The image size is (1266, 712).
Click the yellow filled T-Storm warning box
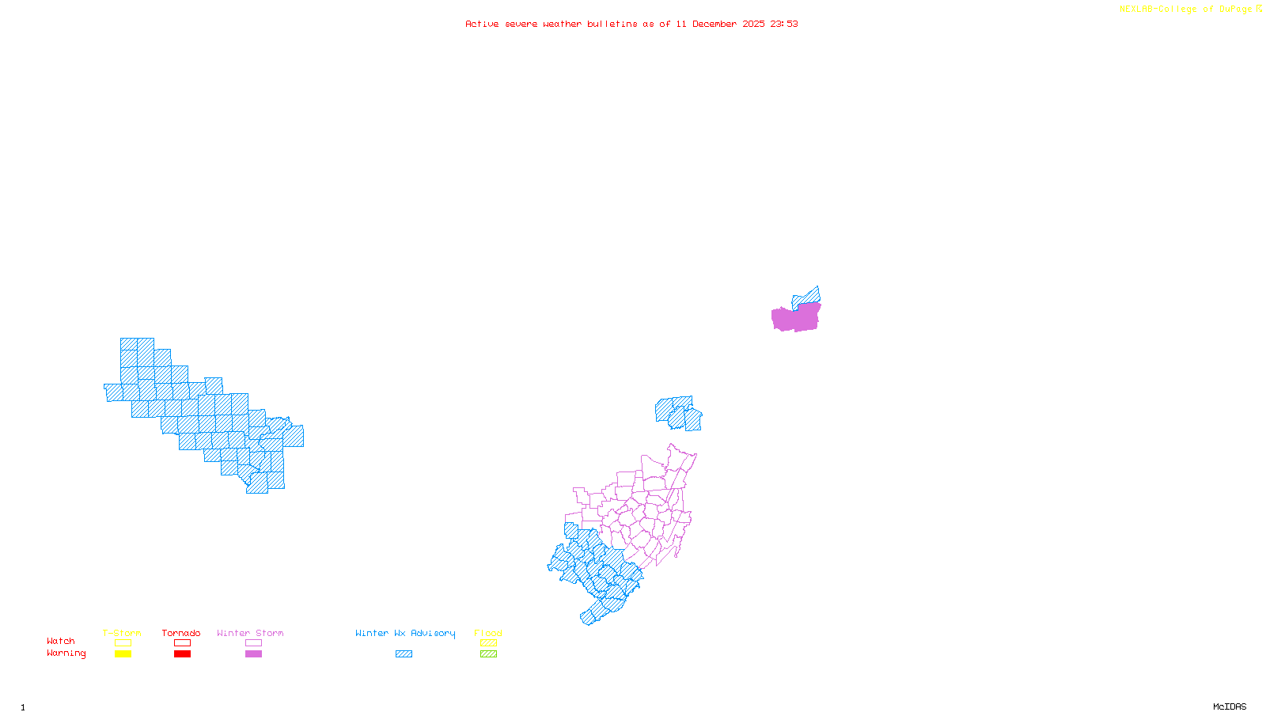click(123, 654)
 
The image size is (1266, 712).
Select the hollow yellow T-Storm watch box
click(123, 643)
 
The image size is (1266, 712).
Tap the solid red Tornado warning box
click(182, 654)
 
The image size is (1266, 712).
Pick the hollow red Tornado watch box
click(182, 643)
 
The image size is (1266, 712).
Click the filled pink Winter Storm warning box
click(253, 654)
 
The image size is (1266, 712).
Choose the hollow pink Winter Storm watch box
click(253, 643)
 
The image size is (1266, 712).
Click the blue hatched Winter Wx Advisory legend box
click(404, 654)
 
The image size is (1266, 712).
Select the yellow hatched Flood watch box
click(488, 643)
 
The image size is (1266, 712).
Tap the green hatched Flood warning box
click(488, 654)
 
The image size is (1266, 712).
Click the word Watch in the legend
click(61, 642)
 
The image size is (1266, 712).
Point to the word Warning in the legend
click(66, 653)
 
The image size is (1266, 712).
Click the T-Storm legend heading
click(122, 633)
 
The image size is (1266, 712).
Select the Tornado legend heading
click(181, 633)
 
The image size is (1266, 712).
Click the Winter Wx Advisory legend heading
click(405, 633)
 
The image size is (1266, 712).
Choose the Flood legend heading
click(488, 633)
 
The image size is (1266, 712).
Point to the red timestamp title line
click(631, 24)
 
